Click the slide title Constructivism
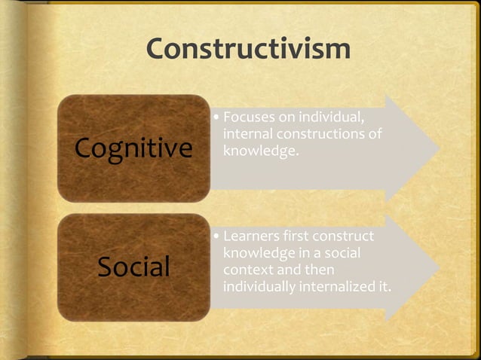248,49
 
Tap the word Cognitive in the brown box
133,148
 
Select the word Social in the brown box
133,267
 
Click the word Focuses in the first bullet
248,118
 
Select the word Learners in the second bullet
252,236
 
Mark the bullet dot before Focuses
216,119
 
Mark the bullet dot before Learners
216,237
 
